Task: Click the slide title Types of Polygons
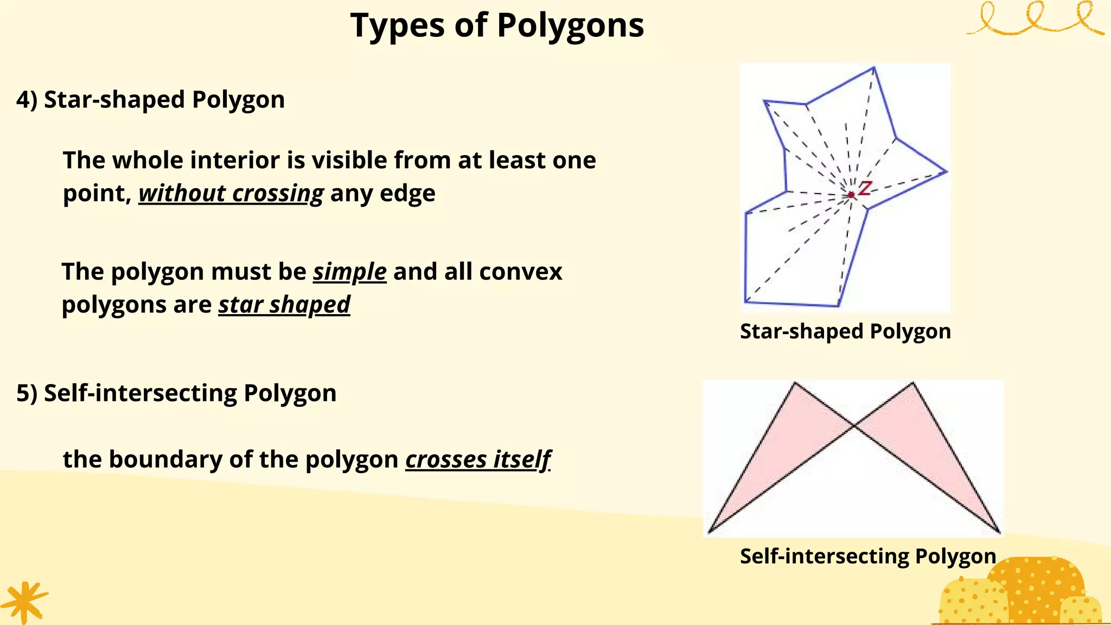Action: (497, 25)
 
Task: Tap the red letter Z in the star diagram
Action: (865, 188)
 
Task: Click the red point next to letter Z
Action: (851, 194)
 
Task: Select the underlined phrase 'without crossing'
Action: (231, 193)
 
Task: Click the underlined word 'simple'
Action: (349, 271)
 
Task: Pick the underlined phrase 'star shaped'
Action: (284, 304)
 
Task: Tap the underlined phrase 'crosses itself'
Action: (478, 460)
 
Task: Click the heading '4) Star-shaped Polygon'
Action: (150, 100)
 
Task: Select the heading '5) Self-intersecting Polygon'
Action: (176, 393)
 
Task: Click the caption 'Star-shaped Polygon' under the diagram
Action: (845, 331)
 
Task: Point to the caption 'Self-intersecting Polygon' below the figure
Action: (868, 556)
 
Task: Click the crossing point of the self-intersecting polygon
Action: (854, 426)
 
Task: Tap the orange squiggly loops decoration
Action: (1035, 19)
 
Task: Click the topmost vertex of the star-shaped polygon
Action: (873, 68)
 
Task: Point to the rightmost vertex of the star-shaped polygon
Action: (947, 172)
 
